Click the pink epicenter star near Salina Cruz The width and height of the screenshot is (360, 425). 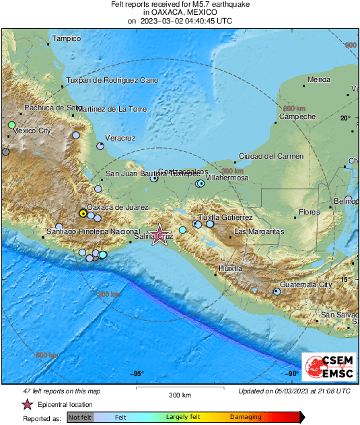coord(159,235)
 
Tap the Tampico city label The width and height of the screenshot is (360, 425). coord(67,39)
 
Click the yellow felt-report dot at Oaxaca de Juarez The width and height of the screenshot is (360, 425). coord(83,212)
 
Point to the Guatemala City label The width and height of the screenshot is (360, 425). coord(306,284)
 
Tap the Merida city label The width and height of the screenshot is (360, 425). coord(318,80)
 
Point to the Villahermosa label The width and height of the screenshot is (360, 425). coord(227,178)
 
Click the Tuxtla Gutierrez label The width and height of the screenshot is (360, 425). coord(227,217)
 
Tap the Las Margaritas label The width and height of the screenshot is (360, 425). coord(258,231)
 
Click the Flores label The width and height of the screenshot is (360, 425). coord(309,212)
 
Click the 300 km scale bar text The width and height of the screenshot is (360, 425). coord(180,395)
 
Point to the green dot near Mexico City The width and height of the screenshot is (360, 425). coord(11,125)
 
